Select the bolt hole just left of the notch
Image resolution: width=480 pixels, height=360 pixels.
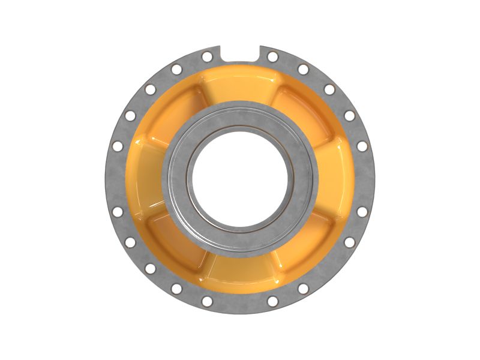(x=207, y=56)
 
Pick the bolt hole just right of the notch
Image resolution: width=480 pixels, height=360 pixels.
(x=272, y=56)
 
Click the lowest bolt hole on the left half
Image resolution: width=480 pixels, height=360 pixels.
(x=207, y=301)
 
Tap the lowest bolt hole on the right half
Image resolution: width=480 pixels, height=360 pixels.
(x=272, y=301)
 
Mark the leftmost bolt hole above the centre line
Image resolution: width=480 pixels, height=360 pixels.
(x=118, y=146)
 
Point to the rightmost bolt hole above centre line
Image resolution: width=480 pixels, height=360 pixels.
(x=362, y=146)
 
